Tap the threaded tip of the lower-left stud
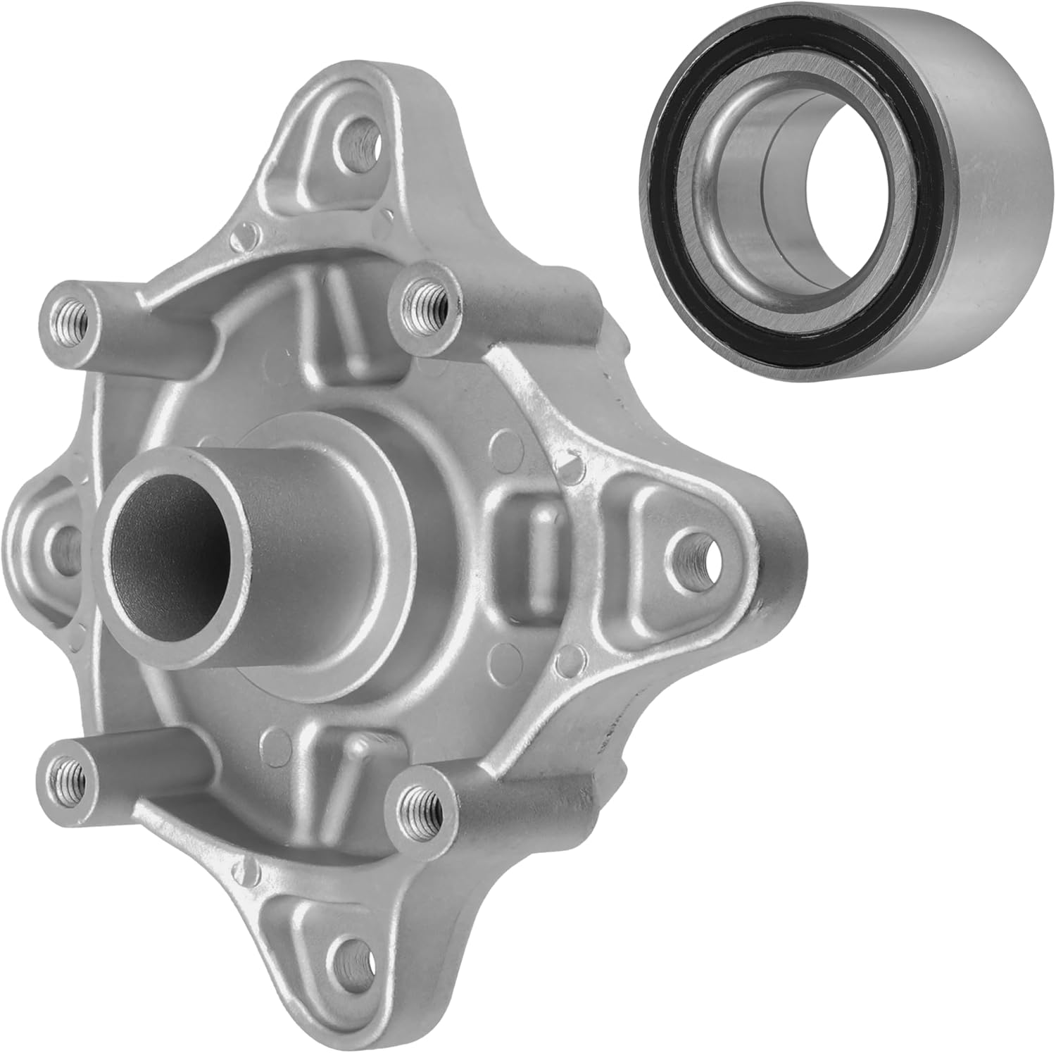65,774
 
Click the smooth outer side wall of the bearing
986,176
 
